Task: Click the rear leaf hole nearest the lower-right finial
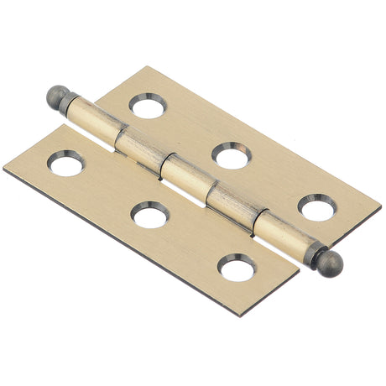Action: coord(318,207)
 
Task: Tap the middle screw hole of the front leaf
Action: coord(150,216)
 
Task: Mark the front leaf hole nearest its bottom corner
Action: coord(236,268)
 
